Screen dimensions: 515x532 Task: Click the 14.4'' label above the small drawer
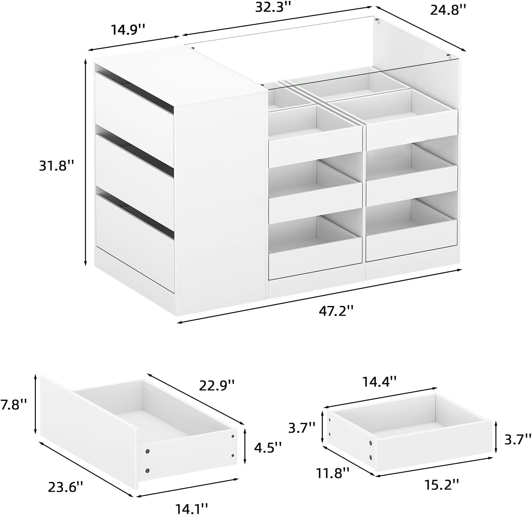pos(379,382)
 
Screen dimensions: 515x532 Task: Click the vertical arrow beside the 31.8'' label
pos(86,162)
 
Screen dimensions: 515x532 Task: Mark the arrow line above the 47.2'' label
pos(318,296)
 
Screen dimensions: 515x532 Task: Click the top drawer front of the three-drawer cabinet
pos(135,103)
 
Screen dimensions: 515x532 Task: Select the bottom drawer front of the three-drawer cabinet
pos(135,242)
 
